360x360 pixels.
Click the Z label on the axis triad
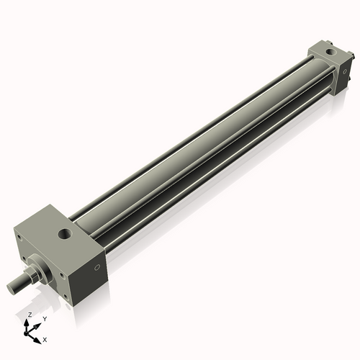pos(29,315)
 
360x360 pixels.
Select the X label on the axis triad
pos(45,338)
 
